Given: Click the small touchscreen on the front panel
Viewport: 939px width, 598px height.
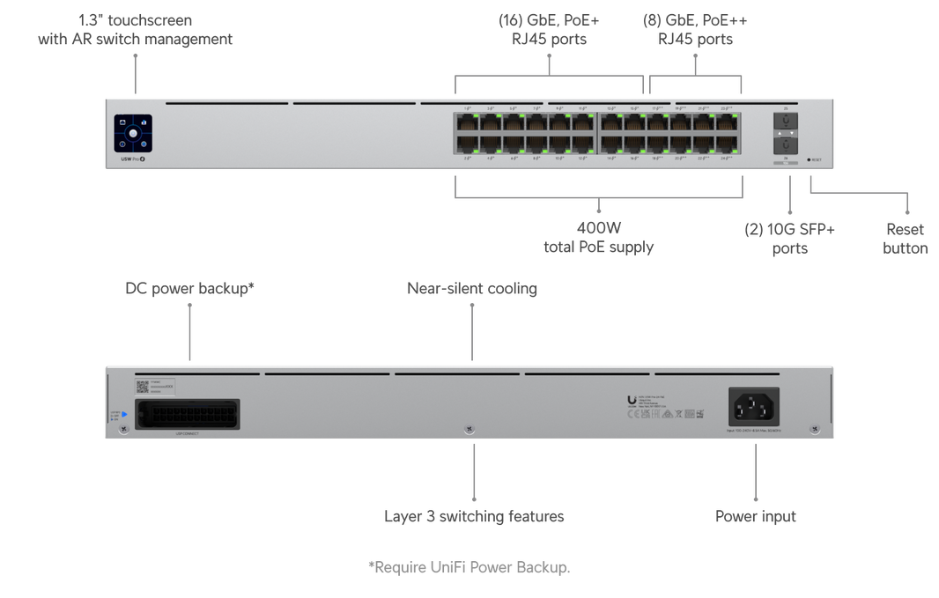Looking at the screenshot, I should pos(133,134).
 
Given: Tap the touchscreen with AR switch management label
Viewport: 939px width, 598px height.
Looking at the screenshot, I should pos(136,30).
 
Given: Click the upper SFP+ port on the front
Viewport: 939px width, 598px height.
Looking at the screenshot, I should pos(786,122).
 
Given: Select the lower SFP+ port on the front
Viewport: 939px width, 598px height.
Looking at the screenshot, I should pos(786,144).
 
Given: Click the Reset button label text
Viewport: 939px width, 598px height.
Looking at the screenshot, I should pos(905,239).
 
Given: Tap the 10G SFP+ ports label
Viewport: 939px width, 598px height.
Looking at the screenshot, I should pos(789,239).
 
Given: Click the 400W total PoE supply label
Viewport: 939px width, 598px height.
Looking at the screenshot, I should pos(599,237).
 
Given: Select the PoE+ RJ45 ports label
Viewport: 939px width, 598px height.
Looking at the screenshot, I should pos(549,29).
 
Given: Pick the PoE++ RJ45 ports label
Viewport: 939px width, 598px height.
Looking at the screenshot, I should pos(695,29).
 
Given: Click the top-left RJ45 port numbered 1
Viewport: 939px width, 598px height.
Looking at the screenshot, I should pos(466,122).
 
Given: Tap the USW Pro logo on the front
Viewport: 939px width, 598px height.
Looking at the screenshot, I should pos(131,159).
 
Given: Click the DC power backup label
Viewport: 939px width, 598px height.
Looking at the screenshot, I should pos(189,289).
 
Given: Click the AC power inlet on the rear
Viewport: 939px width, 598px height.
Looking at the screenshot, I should pos(754,407).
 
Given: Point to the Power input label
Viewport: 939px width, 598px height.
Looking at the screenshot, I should pos(755,517).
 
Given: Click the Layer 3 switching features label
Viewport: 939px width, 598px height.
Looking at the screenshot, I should pos(474,517).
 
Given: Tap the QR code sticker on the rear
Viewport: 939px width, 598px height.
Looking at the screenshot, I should pos(141,387).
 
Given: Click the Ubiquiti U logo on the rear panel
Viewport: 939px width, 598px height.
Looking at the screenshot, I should pos(632,401).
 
